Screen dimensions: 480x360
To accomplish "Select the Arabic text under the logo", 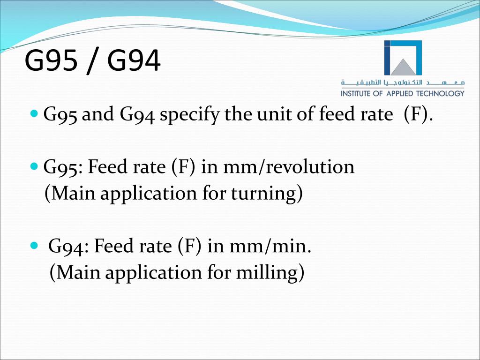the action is [403, 82].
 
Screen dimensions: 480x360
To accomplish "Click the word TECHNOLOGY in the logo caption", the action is [441, 93].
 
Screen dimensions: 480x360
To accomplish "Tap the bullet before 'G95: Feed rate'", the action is [34, 167].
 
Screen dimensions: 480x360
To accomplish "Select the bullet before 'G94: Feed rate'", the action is [34, 246].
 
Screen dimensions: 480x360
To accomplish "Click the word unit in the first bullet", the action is [271, 114].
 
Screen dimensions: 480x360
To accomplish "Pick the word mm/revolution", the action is [289, 167].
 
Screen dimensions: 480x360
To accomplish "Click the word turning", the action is [263, 194].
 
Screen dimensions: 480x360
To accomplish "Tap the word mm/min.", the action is [270, 246].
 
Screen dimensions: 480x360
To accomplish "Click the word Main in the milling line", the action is [78, 272].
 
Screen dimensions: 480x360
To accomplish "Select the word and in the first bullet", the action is [97, 114].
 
